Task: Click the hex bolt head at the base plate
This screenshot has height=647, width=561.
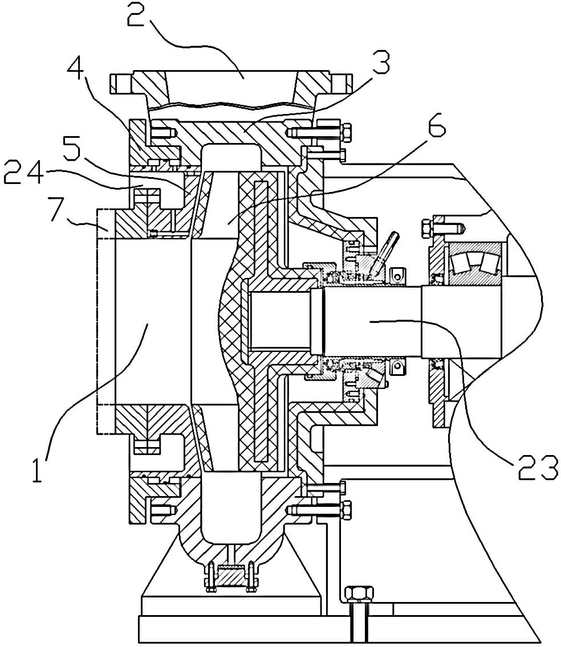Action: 359,594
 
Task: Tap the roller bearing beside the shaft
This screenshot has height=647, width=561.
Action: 475,263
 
